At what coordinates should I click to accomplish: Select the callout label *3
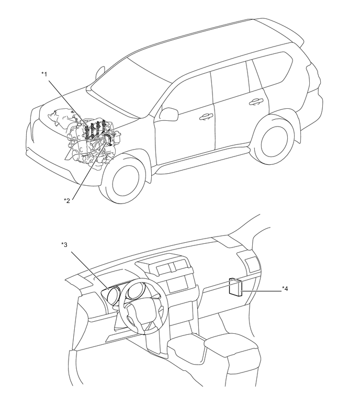click(x=64, y=244)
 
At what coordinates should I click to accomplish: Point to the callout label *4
click(x=285, y=288)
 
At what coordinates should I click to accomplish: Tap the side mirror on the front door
click(x=168, y=113)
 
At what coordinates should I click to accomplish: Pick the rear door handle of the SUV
click(x=256, y=100)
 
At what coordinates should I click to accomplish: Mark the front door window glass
click(x=186, y=91)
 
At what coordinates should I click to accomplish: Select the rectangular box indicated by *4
click(x=235, y=288)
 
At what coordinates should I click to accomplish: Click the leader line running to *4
click(x=262, y=288)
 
